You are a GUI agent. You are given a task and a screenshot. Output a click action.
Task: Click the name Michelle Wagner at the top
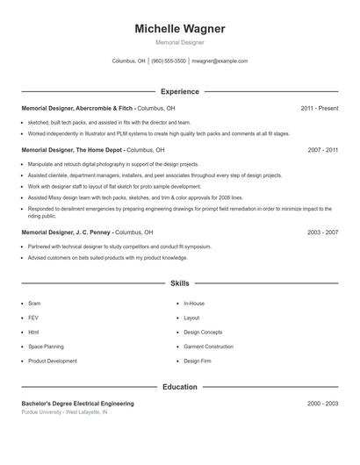180,29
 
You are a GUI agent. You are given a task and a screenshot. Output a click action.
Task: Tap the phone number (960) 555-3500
169,61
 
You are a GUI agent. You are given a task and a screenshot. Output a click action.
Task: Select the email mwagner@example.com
220,61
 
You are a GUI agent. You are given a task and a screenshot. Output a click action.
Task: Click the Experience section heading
180,91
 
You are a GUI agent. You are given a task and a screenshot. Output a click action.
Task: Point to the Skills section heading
180,283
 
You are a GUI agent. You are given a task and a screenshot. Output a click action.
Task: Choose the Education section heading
180,386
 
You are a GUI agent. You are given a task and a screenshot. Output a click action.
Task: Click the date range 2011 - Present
319,109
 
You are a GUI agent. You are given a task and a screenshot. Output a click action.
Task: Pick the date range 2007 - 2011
322,150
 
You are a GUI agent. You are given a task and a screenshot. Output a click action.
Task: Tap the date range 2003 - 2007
322,232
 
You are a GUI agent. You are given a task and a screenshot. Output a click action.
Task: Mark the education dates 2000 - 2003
322,404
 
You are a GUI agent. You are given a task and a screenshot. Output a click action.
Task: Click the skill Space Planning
46,347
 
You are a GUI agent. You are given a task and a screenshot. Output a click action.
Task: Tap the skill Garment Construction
208,347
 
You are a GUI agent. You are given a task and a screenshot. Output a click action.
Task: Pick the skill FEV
33,318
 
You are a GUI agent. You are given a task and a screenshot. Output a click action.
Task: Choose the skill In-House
194,304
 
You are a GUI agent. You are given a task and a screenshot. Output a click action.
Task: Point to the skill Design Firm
198,361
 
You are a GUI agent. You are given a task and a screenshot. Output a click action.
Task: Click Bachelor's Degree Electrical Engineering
77,404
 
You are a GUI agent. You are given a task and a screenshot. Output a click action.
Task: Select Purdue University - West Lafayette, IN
64,411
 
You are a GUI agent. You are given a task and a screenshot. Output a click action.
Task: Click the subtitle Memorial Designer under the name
180,42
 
